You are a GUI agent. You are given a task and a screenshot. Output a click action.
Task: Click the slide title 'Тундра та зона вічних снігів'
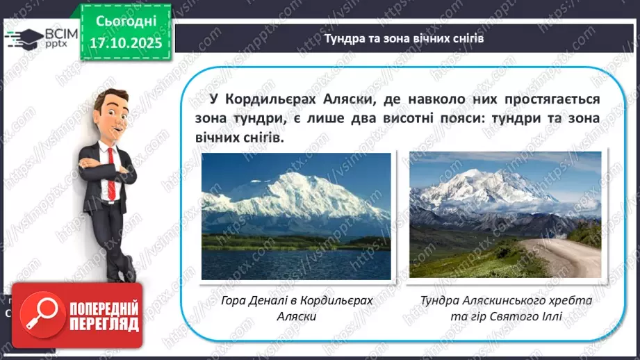(404, 38)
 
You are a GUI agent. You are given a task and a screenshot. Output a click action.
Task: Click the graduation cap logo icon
(23, 36)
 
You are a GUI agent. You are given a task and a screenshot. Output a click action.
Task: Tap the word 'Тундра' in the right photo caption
(442, 300)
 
